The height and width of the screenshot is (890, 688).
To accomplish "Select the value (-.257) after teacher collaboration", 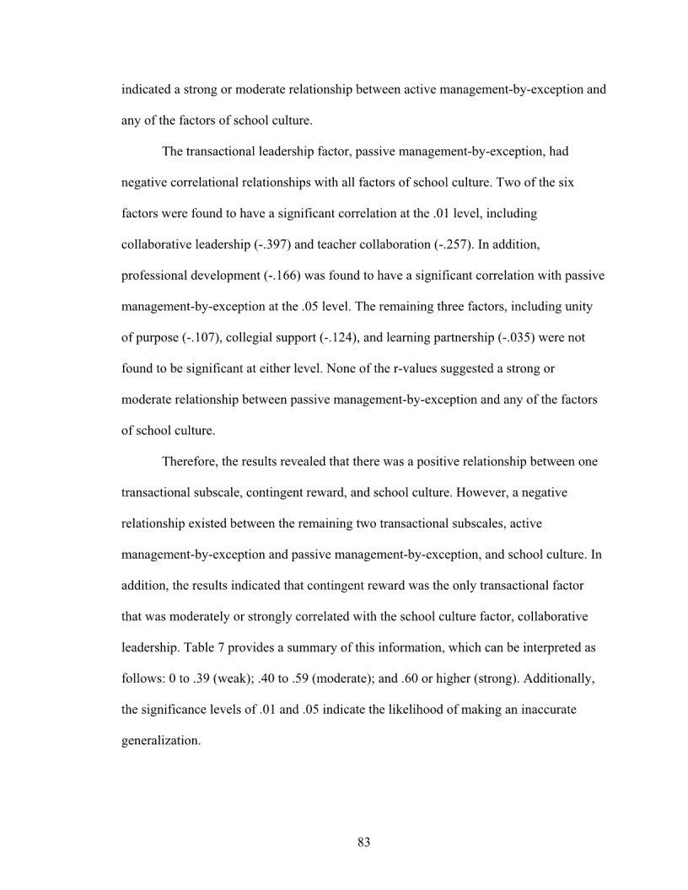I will click(x=456, y=245).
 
